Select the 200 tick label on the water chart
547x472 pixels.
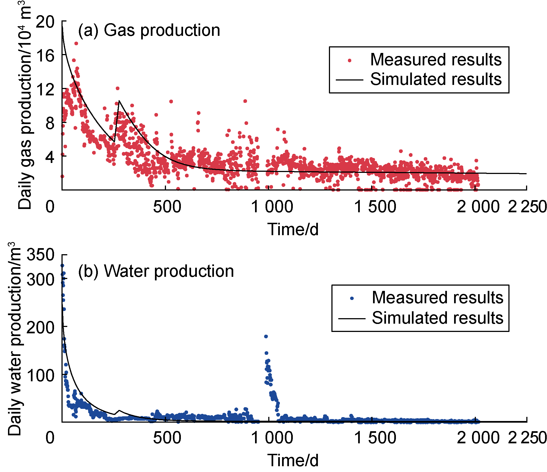tap(41, 328)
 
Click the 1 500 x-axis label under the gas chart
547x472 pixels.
tap(375, 207)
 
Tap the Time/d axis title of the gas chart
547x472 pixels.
tap(293, 229)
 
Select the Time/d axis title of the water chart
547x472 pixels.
tap(293, 460)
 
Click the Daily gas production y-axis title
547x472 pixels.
tap(25, 105)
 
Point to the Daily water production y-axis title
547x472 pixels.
tap(14, 339)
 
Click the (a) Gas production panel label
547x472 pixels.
tap(149, 30)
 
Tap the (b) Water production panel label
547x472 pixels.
tap(156, 271)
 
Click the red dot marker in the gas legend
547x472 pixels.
tap(350, 60)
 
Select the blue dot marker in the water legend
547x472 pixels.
tap(352, 298)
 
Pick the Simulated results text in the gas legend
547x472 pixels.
tap(436, 79)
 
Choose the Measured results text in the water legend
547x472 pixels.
tap(438, 298)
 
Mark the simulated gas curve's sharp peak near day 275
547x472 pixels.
tap(119, 101)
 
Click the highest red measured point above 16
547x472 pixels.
tap(76, 43)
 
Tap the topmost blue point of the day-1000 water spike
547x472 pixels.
tap(266, 336)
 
